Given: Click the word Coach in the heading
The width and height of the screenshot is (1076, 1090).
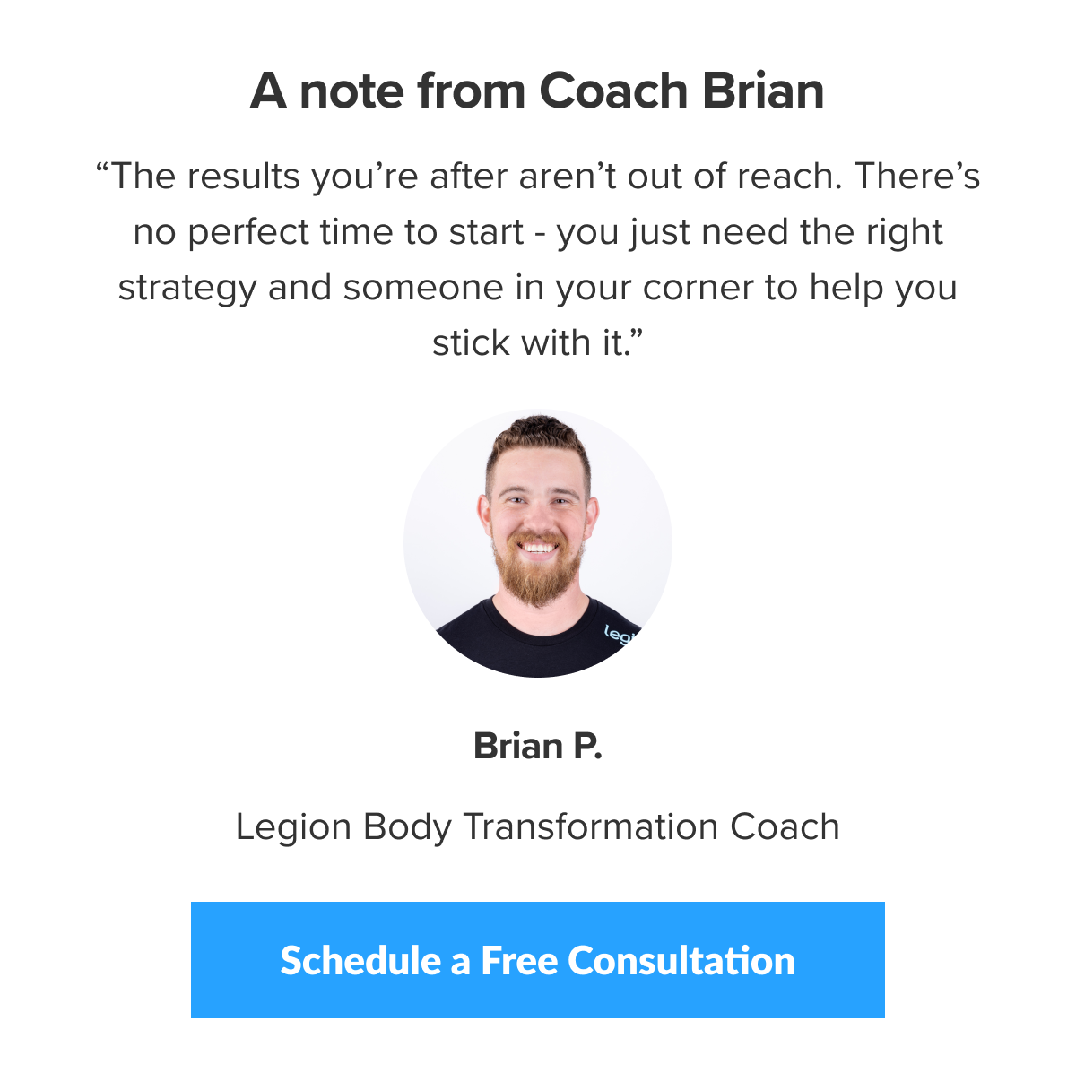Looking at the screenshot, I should (x=613, y=91).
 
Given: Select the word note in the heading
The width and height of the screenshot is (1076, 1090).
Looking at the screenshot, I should (x=351, y=91).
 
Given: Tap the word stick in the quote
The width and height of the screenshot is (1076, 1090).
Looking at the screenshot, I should (x=462, y=343).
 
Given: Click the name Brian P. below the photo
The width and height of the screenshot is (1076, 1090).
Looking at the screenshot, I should (x=537, y=746).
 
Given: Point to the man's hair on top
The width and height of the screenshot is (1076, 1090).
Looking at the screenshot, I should (x=536, y=435).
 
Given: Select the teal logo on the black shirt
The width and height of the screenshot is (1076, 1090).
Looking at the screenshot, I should (x=619, y=633).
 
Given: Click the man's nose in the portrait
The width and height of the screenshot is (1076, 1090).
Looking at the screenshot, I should (x=538, y=515).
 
